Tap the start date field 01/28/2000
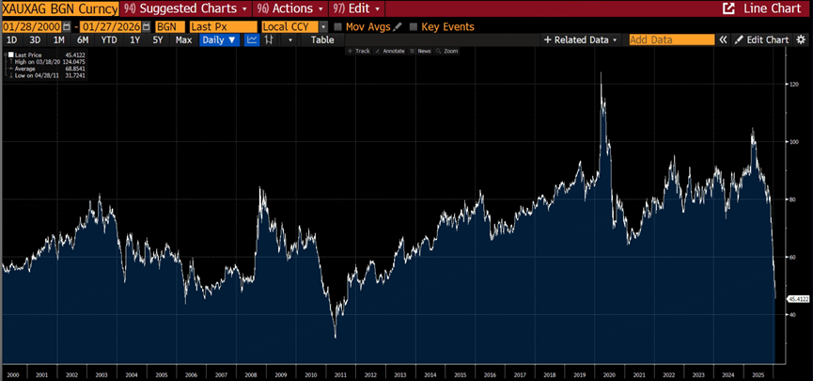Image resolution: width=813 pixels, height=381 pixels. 32,27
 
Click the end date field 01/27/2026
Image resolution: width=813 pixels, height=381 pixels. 109,27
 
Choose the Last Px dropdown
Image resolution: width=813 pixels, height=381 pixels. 222,27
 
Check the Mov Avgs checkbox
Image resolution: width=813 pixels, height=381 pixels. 338,27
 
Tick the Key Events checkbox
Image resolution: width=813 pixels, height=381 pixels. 414,27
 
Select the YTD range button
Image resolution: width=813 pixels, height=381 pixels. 109,40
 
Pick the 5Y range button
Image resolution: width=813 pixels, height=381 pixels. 158,40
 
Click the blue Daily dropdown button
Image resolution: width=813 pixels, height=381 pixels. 220,40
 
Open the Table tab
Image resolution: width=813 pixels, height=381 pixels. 322,40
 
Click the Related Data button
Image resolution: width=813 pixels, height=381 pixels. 582,40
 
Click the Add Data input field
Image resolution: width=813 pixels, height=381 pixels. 671,40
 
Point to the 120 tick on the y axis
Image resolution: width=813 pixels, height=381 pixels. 794,85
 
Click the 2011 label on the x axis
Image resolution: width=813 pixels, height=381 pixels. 339,374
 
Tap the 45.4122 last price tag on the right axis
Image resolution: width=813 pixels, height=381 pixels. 798,298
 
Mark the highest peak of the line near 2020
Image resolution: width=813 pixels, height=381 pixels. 601,73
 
